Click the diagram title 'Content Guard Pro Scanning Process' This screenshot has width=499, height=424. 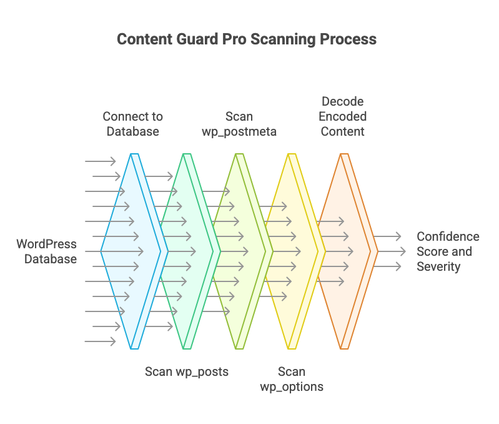pos(247,39)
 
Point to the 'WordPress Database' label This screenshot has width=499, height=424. pos(46,251)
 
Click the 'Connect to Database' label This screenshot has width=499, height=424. pos(132,124)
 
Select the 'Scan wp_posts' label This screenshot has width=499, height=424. pos(187,371)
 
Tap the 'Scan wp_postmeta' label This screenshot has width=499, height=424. pos(239,124)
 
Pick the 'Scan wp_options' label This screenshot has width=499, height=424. pos(292,379)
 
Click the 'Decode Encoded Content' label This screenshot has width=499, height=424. pos(343,116)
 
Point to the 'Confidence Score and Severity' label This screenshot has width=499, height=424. pos(448,251)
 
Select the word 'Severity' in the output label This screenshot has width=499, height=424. pos(438,266)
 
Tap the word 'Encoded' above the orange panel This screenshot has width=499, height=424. pos(343,116)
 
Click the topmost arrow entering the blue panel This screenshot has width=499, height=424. pos(100,161)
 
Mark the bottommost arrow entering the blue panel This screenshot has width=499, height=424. pos(100,341)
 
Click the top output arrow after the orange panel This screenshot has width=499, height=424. pos(388,236)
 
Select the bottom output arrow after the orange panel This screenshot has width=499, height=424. pos(388,266)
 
